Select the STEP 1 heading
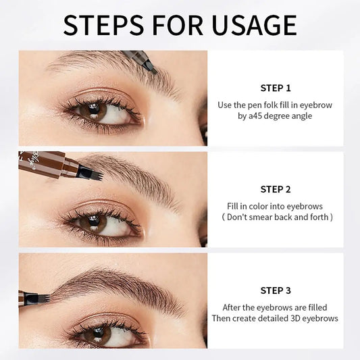coord(275,88)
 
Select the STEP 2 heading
coord(275,189)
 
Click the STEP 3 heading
coord(275,290)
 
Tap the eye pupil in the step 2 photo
coord(93,224)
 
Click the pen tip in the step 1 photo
coord(151,68)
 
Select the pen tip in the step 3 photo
coord(42,297)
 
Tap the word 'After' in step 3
coord(230,307)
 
